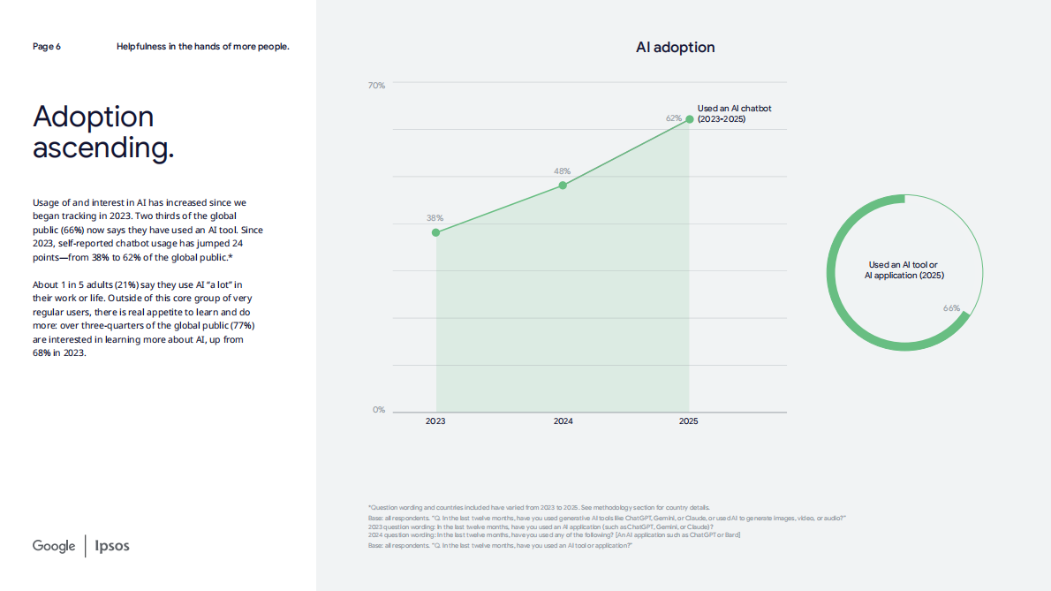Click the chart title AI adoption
click(x=675, y=48)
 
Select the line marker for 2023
click(x=435, y=232)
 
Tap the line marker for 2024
click(x=563, y=186)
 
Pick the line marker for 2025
click(x=689, y=118)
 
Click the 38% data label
click(x=435, y=217)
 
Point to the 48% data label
click(x=562, y=170)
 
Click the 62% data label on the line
click(x=674, y=117)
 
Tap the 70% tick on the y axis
click(x=376, y=86)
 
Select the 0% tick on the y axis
click(x=378, y=410)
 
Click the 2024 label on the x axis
click(x=563, y=421)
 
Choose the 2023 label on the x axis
click(x=435, y=421)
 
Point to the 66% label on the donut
click(x=951, y=308)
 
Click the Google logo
click(x=54, y=546)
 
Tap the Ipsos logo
click(x=112, y=546)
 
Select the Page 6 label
click(x=47, y=46)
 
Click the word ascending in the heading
click(x=102, y=148)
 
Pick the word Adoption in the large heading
click(x=93, y=117)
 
